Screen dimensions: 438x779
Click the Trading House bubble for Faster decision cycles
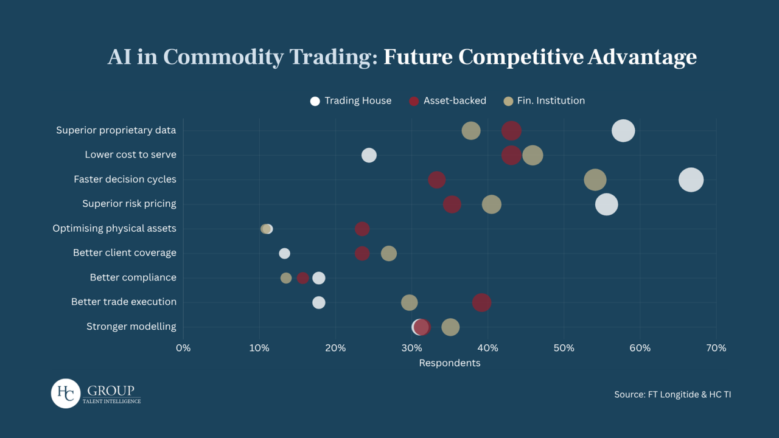[x=691, y=180]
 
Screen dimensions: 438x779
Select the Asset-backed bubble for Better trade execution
[x=481, y=302]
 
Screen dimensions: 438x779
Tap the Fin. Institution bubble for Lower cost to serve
[x=533, y=155]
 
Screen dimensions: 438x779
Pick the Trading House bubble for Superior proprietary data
[x=623, y=131]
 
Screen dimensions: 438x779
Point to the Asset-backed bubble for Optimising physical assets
[x=362, y=229]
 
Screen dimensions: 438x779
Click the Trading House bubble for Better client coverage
[x=284, y=254]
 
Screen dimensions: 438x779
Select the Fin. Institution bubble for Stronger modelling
[x=450, y=327]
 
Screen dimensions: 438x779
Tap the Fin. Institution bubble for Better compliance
[x=286, y=278]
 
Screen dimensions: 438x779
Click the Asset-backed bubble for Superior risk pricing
[x=452, y=204]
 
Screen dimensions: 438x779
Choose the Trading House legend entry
[x=351, y=101]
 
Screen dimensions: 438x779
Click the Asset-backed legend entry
[x=447, y=101]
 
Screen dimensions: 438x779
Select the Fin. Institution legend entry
[x=544, y=101]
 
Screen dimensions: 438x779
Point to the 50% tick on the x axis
[x=564, y=348]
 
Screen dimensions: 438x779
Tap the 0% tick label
[x=183, y=348]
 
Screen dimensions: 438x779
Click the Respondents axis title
[x=450, y=363]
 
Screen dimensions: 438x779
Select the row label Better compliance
[x=133, y=277]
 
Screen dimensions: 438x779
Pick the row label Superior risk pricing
[x=129, y=204]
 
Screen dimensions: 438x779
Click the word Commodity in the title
[x=223, y=57]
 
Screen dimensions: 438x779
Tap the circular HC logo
[x=65, y=393]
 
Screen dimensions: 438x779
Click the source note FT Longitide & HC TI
[x=672, y=395]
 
